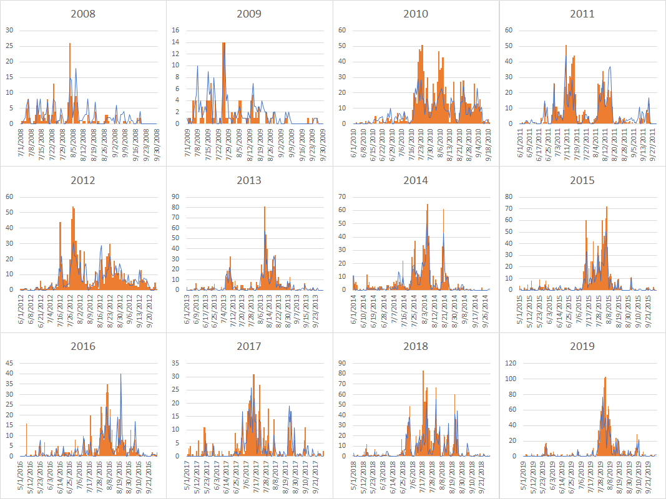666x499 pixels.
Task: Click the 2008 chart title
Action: click(x=83, y=14)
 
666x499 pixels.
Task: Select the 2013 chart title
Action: click(x=249, y=180)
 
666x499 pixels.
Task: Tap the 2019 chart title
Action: click(x=582, y=346)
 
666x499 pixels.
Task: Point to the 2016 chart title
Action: click(x=83, y=346)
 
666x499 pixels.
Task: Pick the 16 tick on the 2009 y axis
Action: click(x=176, y=30)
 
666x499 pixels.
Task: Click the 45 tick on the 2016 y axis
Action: click(x=10, y=363)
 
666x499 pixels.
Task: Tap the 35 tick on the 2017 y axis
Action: click(x=176, y=363)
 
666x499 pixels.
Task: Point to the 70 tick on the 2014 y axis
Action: click(x=343, y=196)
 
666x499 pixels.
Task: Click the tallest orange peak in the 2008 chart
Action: click(x=70, y=44)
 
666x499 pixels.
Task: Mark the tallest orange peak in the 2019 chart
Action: click(x=605, y=377)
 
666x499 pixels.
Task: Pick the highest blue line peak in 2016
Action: click(x=120, y=374)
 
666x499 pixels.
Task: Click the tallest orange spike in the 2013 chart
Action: click(x=264, y=207)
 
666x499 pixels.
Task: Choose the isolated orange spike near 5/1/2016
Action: click(x=26, y=424)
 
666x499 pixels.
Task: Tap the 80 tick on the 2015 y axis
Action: click(x=509, y=196)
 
